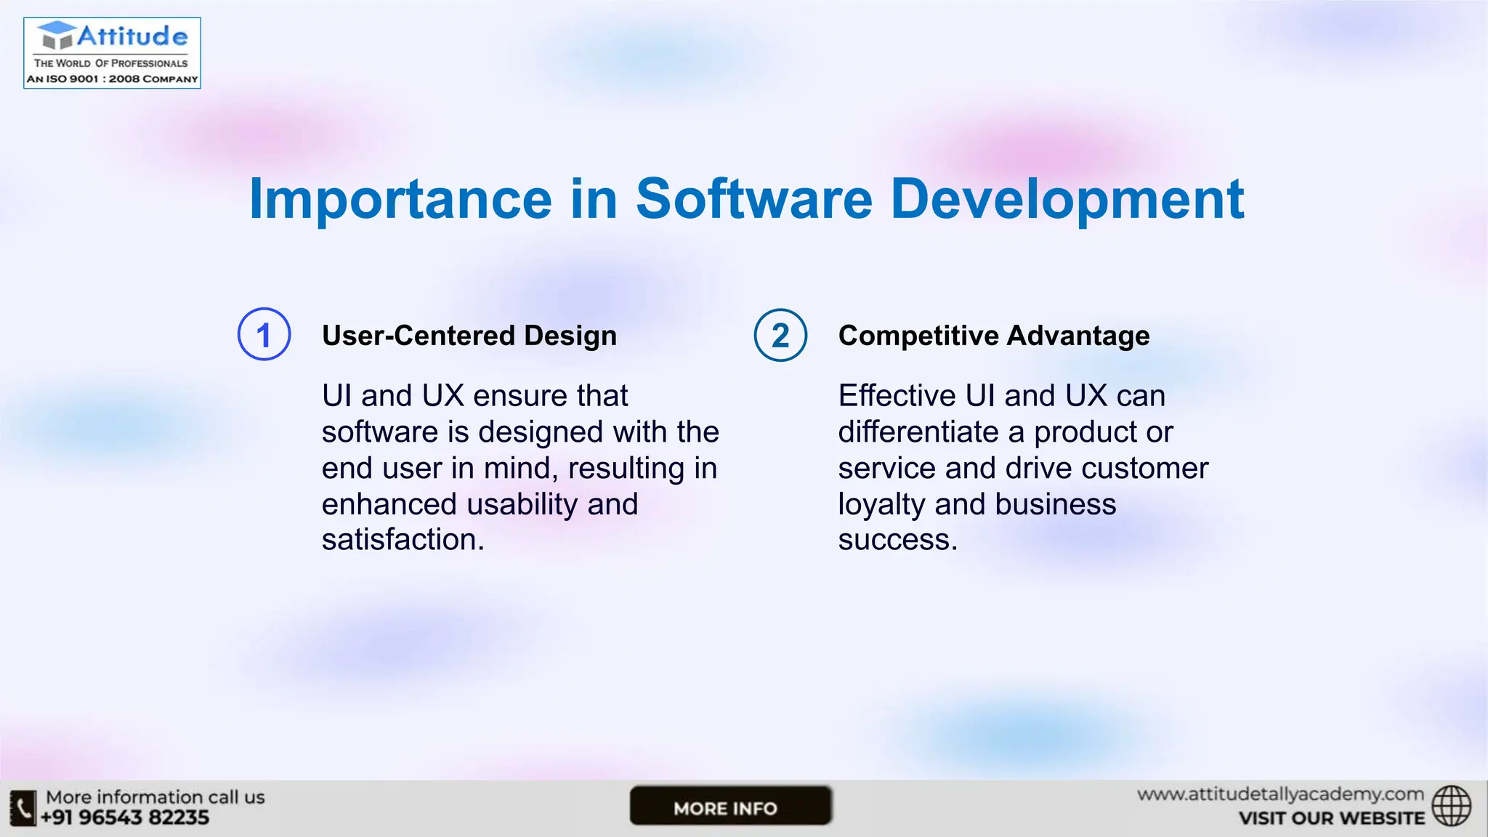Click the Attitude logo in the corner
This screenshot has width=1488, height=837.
click(x=112, y=53)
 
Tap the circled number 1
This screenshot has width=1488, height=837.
click(x=264, y=335)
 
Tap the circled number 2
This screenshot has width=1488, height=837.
click(x=780, y=335)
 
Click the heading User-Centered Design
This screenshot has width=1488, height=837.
click(x=469, y=336)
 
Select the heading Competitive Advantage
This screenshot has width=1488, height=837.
click(x=994, y=336)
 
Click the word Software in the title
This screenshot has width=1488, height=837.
click(x=753, y=199)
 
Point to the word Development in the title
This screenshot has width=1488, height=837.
click(x=1067, y=199)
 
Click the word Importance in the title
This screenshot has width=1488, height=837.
click(x=400, y=199)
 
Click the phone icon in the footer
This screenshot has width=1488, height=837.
click(x=23, y=808)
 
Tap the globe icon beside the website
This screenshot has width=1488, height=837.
click(x=1451, y=806)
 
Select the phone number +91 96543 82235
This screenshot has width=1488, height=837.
click(x=125, y=818)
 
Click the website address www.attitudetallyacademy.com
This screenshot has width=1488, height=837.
click(x=1280, y=794)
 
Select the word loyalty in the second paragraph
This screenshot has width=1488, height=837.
click(x=881, y=504)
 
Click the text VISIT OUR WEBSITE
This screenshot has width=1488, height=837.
click(x=1332, y=819)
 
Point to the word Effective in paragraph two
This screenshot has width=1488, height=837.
click(x=896, y=396)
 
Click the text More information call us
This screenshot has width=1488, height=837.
click(x=155, y=797)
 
